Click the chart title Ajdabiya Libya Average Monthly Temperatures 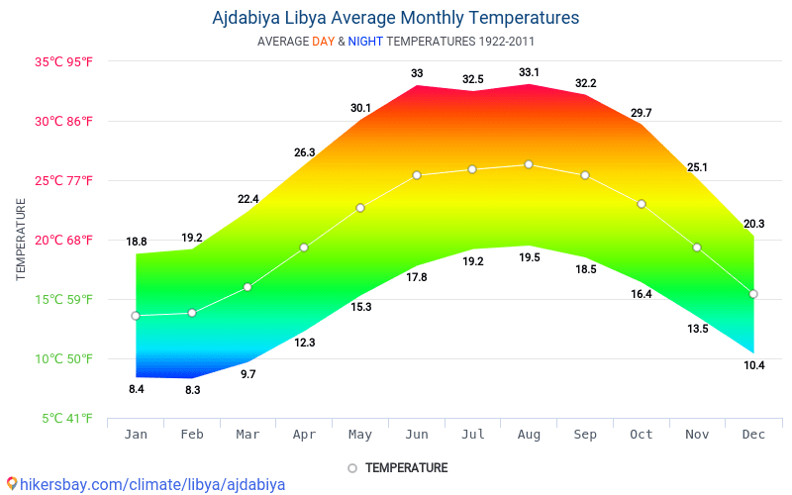396,18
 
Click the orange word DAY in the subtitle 323,42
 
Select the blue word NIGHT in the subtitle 365,42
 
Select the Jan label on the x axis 136,435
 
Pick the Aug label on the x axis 529,435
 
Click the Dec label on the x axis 753,435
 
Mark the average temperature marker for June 417,175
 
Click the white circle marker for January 136,316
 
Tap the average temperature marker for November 697,247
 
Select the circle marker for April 304,247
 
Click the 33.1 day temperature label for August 529,72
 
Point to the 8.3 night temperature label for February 192,390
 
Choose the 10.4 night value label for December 753,365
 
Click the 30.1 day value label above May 360,108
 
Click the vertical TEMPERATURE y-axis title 21,239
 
